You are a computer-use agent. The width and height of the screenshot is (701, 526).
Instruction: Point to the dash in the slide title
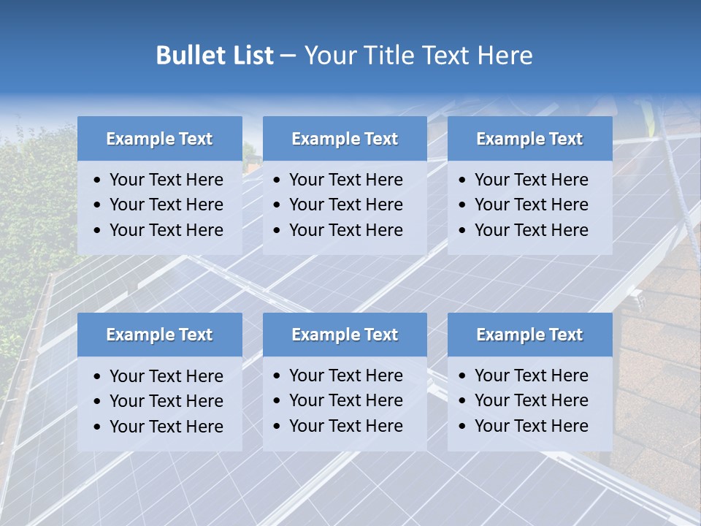[288, 56]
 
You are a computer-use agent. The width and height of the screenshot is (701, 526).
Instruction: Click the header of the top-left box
[159, 139]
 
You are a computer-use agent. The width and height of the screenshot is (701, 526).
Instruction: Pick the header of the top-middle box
[345, 139]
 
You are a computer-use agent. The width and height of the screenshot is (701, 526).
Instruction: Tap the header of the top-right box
[529, 139]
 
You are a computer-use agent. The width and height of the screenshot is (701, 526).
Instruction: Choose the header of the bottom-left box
[159, 335]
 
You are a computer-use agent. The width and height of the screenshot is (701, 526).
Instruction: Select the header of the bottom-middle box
[345, 335]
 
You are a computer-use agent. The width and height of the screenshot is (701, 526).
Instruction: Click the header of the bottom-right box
[529, 335]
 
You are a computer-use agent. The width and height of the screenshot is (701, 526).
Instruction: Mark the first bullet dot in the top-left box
[98, 180]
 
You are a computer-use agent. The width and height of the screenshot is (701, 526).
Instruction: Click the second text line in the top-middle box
[345, 205]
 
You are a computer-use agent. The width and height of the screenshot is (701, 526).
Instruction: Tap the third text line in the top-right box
[531, 230]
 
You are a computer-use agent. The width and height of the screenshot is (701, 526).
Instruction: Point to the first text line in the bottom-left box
[166, 376]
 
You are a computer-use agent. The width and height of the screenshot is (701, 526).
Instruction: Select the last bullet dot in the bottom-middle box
[277, 426]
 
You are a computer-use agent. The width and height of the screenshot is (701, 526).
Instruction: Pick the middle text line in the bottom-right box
[531, 400]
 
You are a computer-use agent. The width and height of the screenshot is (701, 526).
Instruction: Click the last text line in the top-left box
[166, 230]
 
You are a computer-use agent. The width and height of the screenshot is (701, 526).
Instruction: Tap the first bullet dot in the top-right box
[463, 180]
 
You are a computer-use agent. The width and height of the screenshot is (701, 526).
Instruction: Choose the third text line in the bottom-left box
[166, 427]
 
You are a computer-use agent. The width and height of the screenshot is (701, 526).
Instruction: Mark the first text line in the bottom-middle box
[345, 376]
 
